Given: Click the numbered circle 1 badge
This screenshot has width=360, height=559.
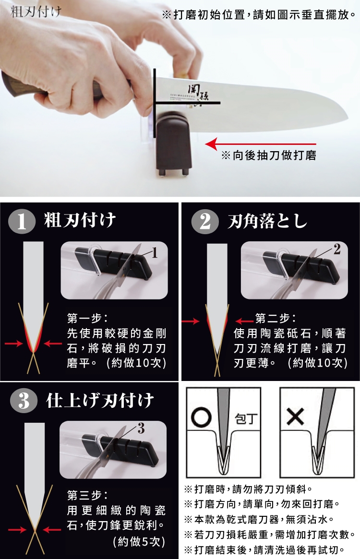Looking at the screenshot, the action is (22, 221).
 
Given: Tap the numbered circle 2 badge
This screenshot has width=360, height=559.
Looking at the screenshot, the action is (205, 221).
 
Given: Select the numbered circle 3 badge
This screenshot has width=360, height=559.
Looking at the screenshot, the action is (24, 400).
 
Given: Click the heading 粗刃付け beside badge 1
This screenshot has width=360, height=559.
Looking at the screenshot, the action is (80, 220).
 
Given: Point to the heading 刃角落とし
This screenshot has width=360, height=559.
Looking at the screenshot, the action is (267, 221).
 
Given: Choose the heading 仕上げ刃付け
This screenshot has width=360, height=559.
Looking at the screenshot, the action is (100, 400).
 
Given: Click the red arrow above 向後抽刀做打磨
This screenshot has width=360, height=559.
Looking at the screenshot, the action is (261, 144).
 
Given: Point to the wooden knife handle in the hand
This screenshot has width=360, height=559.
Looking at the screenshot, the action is (25, 87).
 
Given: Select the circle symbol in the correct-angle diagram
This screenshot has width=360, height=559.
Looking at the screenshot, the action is (202, 417).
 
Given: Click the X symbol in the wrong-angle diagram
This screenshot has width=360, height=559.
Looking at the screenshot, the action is (295, 417).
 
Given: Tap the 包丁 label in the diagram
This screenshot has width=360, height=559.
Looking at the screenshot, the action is (246, 418).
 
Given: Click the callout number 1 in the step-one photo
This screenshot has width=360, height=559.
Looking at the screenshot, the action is (155, 253).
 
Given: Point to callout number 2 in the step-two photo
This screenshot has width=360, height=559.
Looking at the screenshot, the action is (337, 249).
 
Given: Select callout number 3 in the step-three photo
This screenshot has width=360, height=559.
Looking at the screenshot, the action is (141, 428).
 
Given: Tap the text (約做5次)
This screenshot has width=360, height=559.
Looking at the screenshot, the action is (139, 542).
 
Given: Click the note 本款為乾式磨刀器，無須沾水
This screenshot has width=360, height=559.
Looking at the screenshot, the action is (264, 520).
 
